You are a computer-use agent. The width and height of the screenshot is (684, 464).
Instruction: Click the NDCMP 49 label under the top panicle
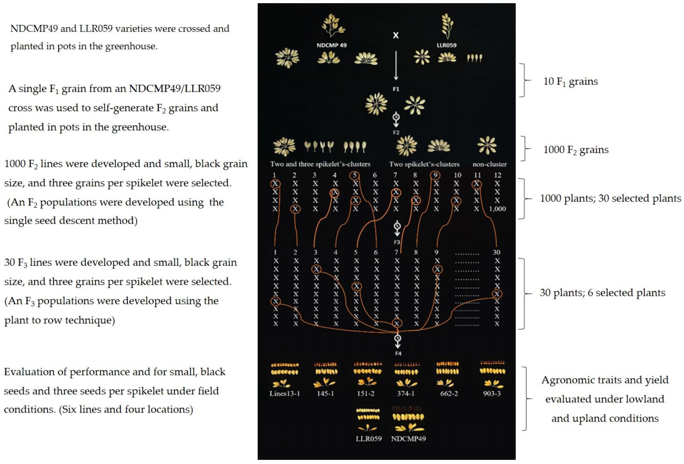click(x=331, y=45)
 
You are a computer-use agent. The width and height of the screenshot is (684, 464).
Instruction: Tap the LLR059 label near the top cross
click(x=446, y=45)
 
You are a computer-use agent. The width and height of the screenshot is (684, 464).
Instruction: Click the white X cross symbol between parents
click(x=396, y=35)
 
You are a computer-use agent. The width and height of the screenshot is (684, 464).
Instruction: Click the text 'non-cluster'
click(x=489, y=164)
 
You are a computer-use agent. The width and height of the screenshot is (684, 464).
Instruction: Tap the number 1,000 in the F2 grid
click(x=497, y=209)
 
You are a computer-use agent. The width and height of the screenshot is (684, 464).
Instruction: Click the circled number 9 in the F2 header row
click(x=435, y=175)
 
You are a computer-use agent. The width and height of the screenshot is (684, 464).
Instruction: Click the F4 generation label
click(x=398, y=353)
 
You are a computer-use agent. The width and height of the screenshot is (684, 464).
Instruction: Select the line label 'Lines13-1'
click(x=285, y=394)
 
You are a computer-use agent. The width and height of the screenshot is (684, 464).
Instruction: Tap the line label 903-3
click(x=492, y=394)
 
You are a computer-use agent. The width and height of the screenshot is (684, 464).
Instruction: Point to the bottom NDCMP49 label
click(x=408, y=439)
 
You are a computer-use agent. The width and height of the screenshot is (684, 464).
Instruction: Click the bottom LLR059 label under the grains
click(x=368, y=439)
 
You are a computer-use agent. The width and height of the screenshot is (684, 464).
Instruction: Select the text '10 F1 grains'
click(x=570, y=82)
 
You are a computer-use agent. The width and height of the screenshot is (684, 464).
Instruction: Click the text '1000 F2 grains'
click(x=576, y=150)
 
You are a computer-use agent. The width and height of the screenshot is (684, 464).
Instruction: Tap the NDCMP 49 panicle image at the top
click(x=333, y=26)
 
